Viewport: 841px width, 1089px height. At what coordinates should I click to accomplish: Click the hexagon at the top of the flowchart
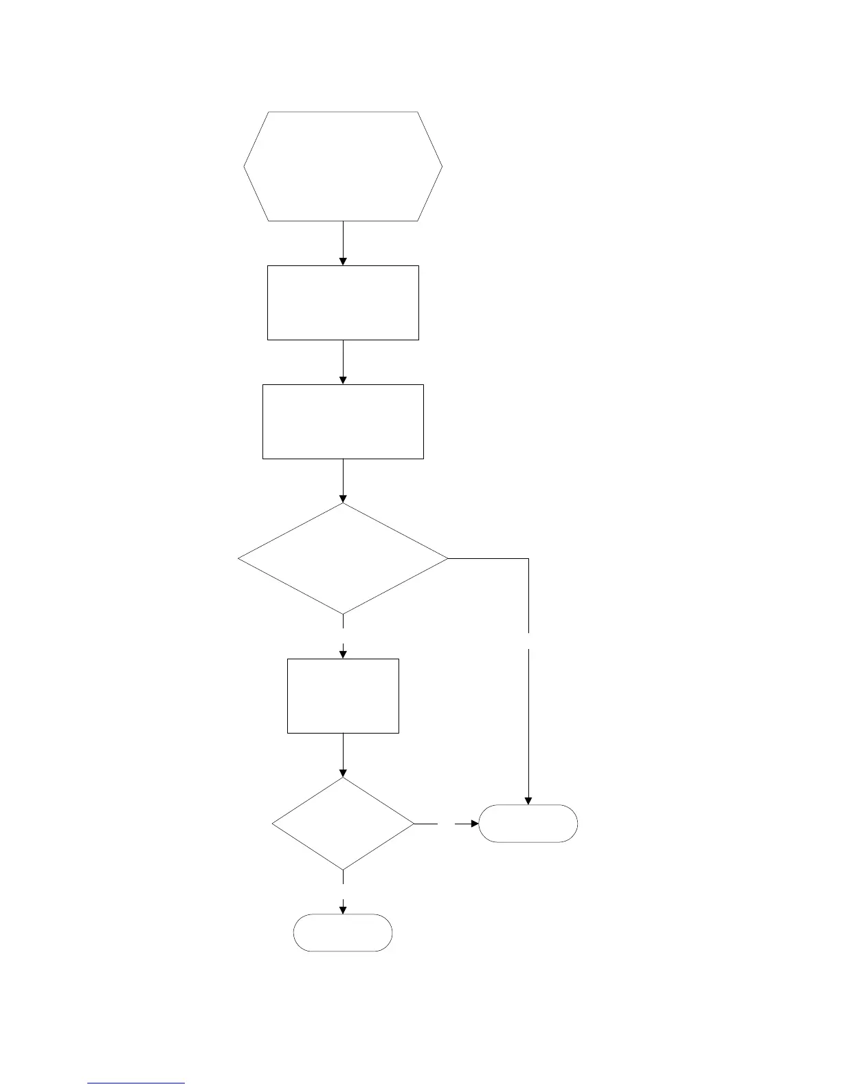click(x=343, y=166)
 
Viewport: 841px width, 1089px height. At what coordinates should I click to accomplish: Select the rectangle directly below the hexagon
click(x=343, y=302)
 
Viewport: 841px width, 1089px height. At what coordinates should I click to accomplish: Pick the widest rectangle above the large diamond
click(x=343, y=421)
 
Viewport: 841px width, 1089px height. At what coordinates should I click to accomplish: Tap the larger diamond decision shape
click(x=343, y=558)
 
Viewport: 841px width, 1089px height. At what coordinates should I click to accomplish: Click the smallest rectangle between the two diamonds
click(x=343, y=696)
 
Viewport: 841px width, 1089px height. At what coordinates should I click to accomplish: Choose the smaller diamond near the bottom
click(x=343, y=824)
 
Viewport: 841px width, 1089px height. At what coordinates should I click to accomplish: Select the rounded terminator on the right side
click(x=528, y=824)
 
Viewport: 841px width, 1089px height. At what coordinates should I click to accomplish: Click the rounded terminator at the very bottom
click(x=343, y=932)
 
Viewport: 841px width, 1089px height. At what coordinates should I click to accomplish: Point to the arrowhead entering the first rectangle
click(x=343, y=261)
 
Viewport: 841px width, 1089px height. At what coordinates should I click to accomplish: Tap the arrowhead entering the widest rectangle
click(x=343, y=380)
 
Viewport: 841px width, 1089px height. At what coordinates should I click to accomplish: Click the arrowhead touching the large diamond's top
click(x=343, y=499)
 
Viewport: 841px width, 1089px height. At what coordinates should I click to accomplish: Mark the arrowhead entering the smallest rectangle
click(x=343, y=654)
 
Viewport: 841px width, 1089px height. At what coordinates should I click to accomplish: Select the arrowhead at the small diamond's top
click(x=343, y=773)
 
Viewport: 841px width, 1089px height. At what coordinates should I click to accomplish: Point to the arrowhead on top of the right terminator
click(x=528, y=800)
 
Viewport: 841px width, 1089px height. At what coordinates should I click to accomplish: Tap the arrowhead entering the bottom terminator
click(x=343, y=910)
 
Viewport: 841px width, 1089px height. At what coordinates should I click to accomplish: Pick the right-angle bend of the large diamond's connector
click(x=528, y=559)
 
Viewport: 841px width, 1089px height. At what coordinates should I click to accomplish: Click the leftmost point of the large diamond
click(x=239, y=558)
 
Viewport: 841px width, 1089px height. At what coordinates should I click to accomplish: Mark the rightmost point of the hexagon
click(x=442, y=166)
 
